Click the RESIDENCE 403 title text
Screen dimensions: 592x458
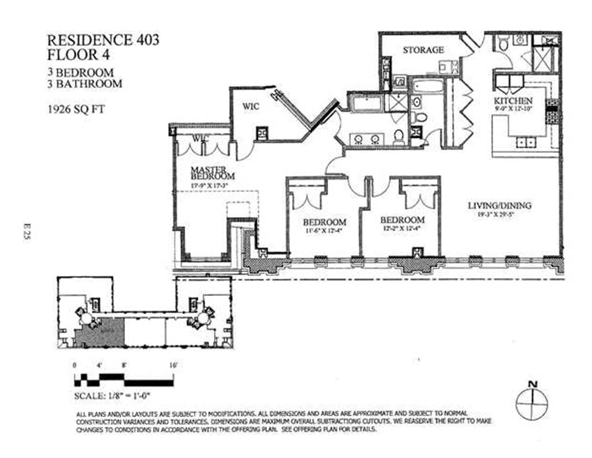103,40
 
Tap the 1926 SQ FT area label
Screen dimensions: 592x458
75,108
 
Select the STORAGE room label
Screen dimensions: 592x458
423,50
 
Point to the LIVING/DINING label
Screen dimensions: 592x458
499,206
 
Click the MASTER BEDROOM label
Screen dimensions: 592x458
213,173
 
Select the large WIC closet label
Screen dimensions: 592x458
250,107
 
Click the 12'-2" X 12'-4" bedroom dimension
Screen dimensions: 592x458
402,229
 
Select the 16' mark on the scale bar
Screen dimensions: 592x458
173,365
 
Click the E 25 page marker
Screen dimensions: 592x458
27,230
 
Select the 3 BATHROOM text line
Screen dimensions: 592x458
84,83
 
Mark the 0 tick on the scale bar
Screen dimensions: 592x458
75,365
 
